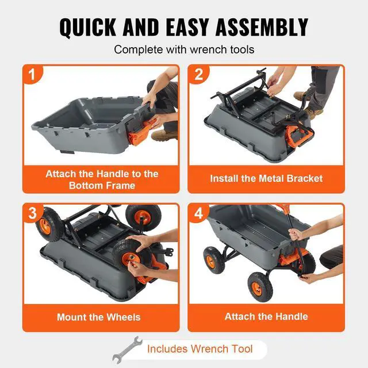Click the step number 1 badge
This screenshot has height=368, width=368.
[33, 75]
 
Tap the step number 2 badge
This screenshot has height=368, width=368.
[198, 75]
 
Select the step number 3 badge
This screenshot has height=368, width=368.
[33, 214]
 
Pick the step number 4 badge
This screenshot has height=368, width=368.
[198, 214]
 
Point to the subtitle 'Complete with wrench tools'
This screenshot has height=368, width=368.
[184, 49]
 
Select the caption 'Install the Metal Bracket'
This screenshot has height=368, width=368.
[266, 178]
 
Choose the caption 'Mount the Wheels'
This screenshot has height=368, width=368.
[98, 317]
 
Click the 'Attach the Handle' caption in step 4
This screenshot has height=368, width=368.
[266, 316]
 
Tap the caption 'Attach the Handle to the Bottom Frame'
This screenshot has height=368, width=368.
[102, 179]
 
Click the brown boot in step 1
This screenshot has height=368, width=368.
[164, 136]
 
